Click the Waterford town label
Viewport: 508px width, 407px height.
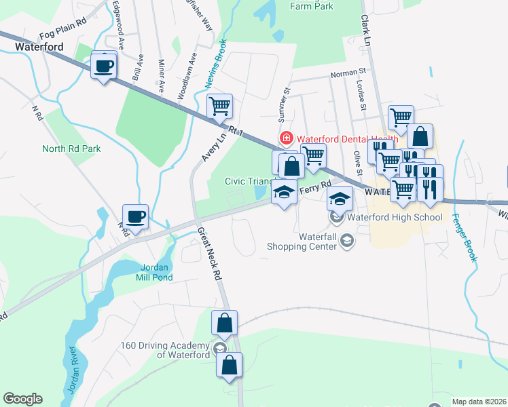click(39, 47)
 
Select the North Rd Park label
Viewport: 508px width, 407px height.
click(71, 149)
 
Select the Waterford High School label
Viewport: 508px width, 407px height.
click(395, 218)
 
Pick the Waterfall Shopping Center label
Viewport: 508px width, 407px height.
click(302, 241)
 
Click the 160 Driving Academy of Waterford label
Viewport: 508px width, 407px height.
click(165, 349)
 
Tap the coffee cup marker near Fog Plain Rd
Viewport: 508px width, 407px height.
click(103, 66)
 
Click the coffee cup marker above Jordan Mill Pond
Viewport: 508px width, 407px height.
click(136, 217)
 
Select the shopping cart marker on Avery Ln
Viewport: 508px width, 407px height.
click(219, 106)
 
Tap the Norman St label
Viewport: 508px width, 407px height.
click(348, 71)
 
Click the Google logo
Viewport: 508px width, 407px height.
click(22, 399)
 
